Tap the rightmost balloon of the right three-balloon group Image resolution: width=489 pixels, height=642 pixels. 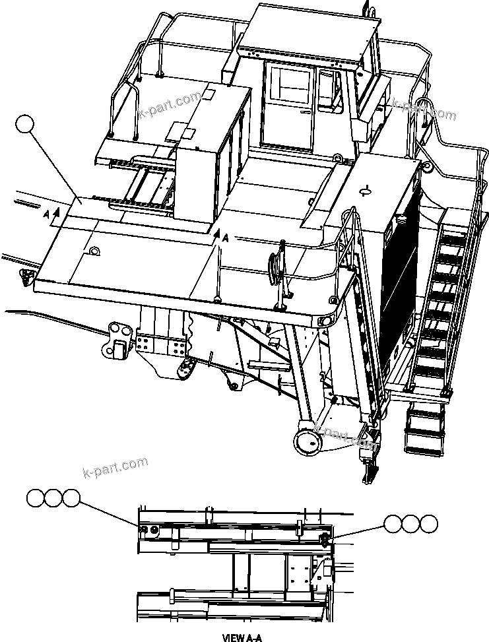tap(428, 525)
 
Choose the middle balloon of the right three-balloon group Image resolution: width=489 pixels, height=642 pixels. tap(411, 525)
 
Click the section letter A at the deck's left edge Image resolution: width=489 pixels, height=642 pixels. tap(46, 214)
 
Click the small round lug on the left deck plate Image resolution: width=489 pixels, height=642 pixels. tap(94, 251)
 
